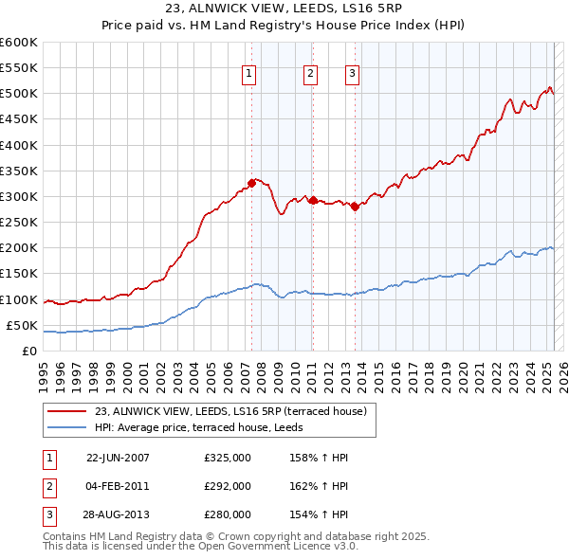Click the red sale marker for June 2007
[x=251, y=183]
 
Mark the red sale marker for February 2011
[x=313, y=200]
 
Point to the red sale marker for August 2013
[x=355, y=206]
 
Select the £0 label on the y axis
[x=28, y=351]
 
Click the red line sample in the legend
[x=67, y=411]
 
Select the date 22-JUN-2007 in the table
[x=118, y=458]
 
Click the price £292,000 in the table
[x=228, y=486]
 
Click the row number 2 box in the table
[x=48, y=486]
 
